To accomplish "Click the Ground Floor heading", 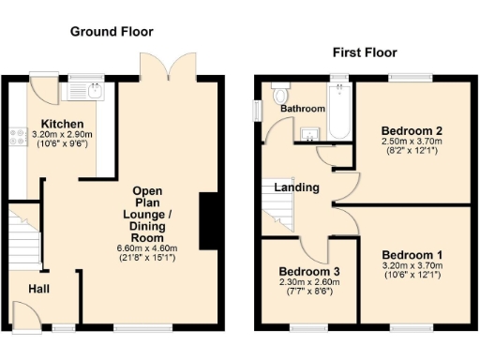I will (x=111, y=31).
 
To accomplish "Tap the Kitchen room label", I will (x=62, y=124).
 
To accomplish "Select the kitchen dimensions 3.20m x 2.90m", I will (x=62, y=135).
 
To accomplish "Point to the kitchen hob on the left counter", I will (x=16, y=138).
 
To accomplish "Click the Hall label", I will (x=38, y=289).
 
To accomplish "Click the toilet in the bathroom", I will (x=279, y=96).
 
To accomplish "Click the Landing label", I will (x=296, y=187).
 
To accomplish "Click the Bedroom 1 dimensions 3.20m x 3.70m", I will (x=412, y=266).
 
